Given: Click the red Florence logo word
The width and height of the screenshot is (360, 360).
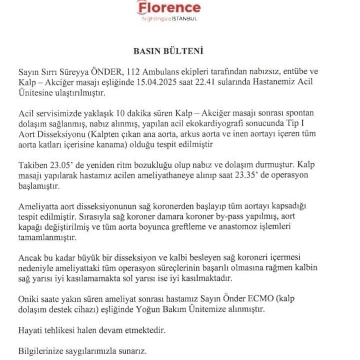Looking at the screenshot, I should coord(169,8).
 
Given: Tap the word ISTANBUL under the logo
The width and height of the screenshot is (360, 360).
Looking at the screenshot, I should coord(184,19).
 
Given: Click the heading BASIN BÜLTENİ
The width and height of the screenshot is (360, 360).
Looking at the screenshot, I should coord(169,51).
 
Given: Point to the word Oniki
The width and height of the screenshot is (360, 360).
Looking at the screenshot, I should coord(28,299).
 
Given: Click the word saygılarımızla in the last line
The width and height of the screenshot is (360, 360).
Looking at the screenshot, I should coord(92,351).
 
